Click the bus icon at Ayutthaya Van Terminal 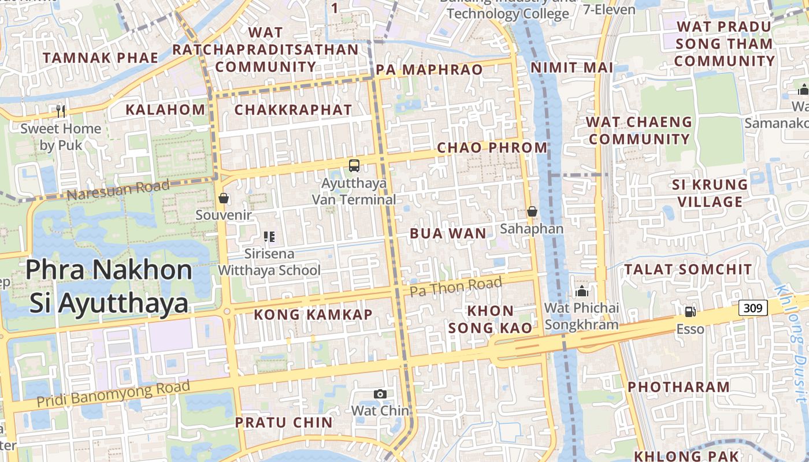point(354,166)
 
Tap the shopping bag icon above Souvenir point(224,198)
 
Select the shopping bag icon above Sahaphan point(532,212)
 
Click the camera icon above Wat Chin point(380,394)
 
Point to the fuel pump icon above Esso point(690,312)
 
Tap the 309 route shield point(753,308)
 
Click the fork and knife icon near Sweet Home point(61,111)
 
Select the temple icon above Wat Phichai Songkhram point(581,291)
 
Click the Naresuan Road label point(118,189)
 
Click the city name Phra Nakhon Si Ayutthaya point(109,286)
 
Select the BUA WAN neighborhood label point(448,233)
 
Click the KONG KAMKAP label point(313,315)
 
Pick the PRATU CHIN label point(284,422)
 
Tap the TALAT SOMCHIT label point(688,270)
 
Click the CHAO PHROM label point(492,147)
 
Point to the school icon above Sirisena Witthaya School point(269,236)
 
